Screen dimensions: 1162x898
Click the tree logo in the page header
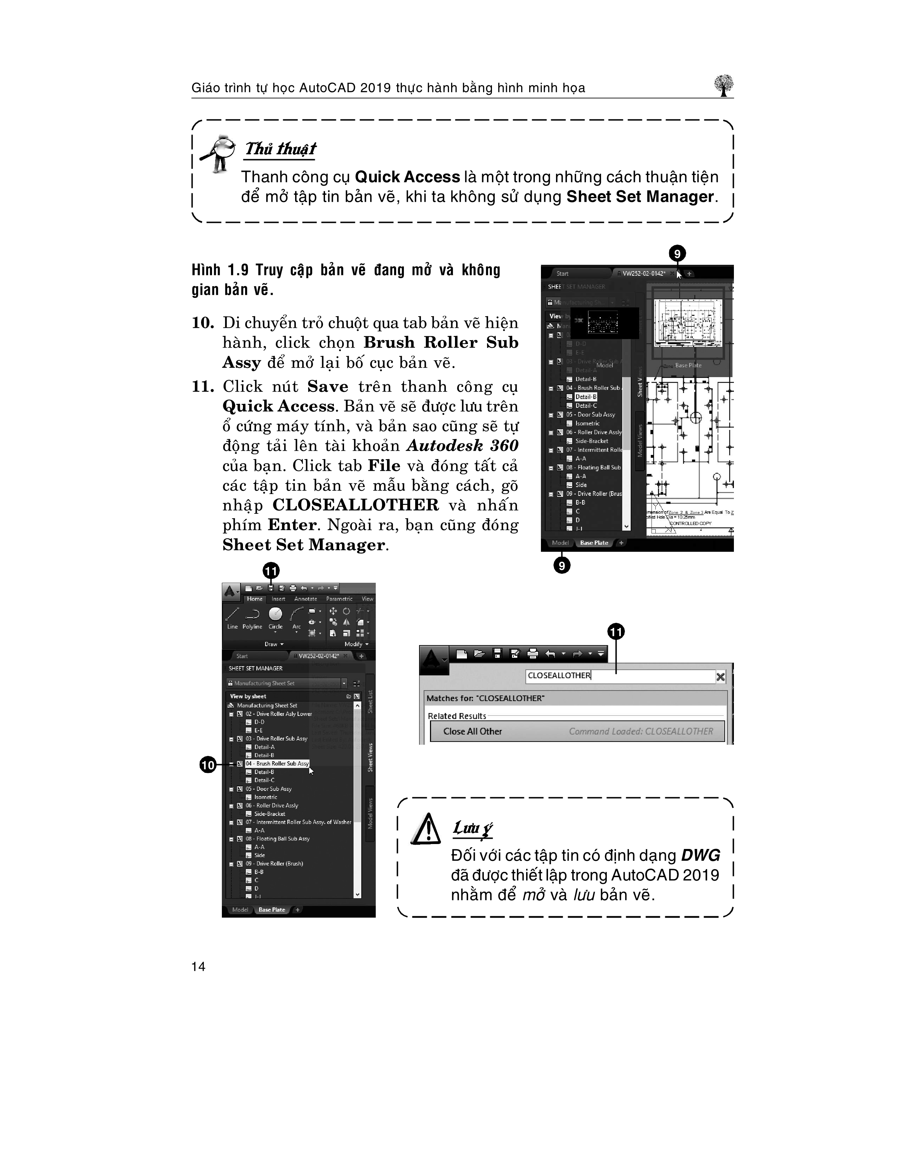pos(724,86)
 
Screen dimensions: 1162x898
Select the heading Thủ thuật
pos(280,149)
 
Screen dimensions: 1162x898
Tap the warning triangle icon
pos(426,829)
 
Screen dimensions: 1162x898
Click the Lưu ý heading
pos(472,828)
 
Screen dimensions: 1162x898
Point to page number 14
pos(198,967)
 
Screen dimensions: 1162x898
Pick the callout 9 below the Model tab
pos(562,565)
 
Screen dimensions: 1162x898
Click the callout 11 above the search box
pos(616,632)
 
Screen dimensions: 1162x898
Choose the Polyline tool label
pos(252,627)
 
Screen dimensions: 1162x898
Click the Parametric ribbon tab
pos(339,599)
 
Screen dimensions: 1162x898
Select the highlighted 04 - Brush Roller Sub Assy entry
pos(277,763)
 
